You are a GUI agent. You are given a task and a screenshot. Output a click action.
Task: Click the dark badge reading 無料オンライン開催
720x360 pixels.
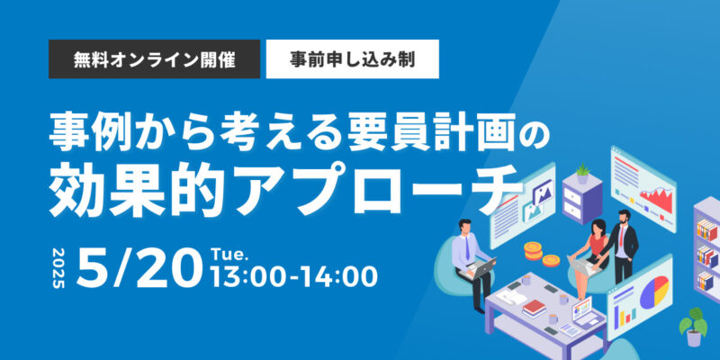pyautogui.click(x=154, y=59)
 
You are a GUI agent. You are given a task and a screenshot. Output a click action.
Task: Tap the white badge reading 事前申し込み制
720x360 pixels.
pyautogui.click(x=352, y=59)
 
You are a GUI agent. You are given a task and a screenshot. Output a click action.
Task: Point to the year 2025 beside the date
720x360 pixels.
pyautogui.click(x=59, y=268)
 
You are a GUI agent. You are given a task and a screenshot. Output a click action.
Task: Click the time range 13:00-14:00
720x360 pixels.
pyautogui.click(x=294, y=276)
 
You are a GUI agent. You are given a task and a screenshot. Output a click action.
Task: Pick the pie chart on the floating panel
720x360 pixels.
pyautogui.click(x=654, y=292)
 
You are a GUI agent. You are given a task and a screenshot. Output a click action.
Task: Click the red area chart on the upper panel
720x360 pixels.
pyautogui.click(x=657, y=197)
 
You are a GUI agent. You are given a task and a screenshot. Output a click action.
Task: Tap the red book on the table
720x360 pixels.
pyautogui.click(x=534, y=307)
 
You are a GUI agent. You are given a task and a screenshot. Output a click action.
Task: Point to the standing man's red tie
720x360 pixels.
pyautogui.click(x=621, y=235)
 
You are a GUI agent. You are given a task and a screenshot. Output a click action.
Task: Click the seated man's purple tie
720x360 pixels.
pyautogui.click(x=467, y=248)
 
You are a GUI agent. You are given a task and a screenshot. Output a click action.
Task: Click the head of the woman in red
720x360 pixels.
pyautogui.click(x=598, y=226)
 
